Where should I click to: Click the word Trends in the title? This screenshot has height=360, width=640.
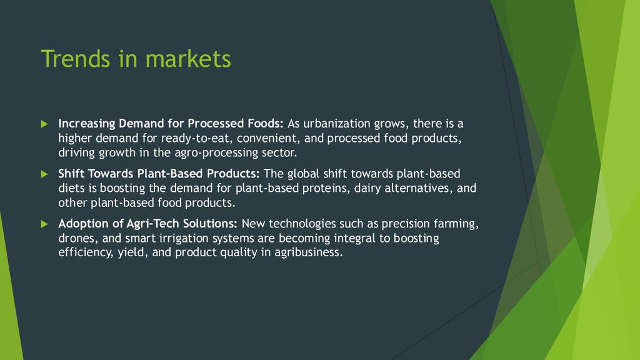76,58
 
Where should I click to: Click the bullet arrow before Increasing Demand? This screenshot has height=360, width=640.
44,124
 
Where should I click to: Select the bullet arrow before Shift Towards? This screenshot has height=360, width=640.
44,174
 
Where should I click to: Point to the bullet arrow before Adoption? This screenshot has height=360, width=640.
44,224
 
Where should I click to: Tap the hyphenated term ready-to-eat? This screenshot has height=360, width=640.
196,138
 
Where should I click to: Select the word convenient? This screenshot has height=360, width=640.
268,139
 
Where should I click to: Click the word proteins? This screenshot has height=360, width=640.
326,189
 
